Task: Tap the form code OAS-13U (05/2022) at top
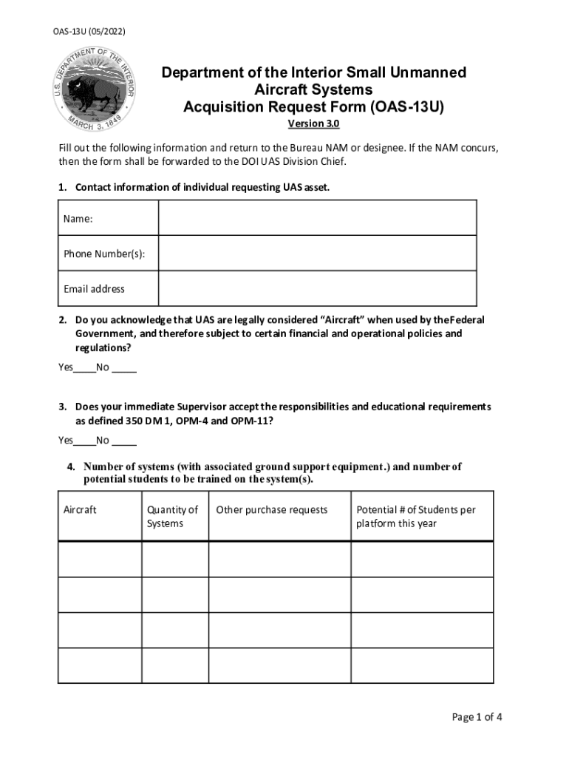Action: point(89,32)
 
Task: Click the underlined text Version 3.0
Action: point(313,123)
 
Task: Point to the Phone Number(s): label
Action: point(104,254)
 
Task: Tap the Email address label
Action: point(94,289)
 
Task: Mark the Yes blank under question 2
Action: point(84,367)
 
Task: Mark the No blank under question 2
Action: point(124,367)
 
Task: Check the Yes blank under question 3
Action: point(84,441)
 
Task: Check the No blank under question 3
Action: point(124,441)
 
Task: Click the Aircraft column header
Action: point(80,510)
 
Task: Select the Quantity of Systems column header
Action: point(172,517)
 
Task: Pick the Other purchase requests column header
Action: point(271,510)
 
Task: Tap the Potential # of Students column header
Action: point(416,517)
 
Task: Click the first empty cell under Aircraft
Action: point(100,560)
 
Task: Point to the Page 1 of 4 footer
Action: point(477,717)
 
